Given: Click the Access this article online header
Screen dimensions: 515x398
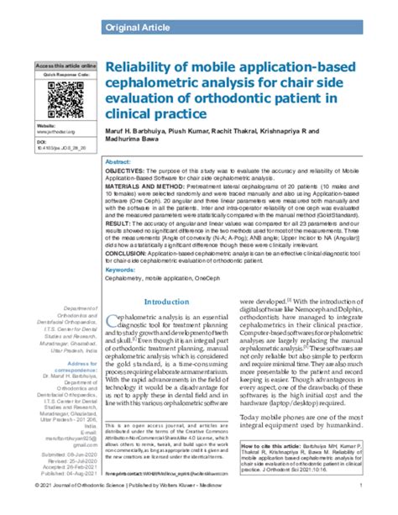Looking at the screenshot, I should pyautogui.click(x=65, y=65).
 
